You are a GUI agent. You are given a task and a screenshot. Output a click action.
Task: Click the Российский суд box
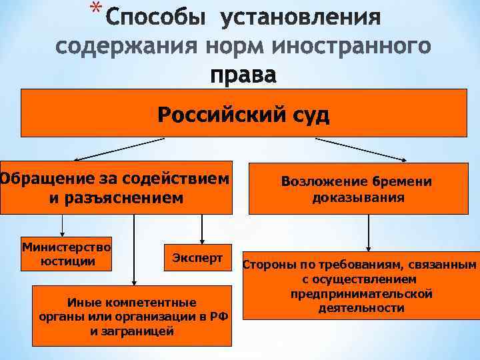pyautogui.click(x=243, y=113)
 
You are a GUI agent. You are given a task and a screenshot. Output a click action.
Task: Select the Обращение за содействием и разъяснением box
pyautogui.click(x=116, y=188)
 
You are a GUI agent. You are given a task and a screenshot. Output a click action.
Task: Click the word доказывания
pyautogui.click(x=358, y=197)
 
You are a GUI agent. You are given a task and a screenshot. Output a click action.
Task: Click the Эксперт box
pyautogui.click(x=197, y=257)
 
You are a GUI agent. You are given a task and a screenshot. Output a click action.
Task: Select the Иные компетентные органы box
pyautogui.click(x=132, y=316)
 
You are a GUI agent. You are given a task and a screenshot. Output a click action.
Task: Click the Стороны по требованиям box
pyautogui.click(x=361, y=287)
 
